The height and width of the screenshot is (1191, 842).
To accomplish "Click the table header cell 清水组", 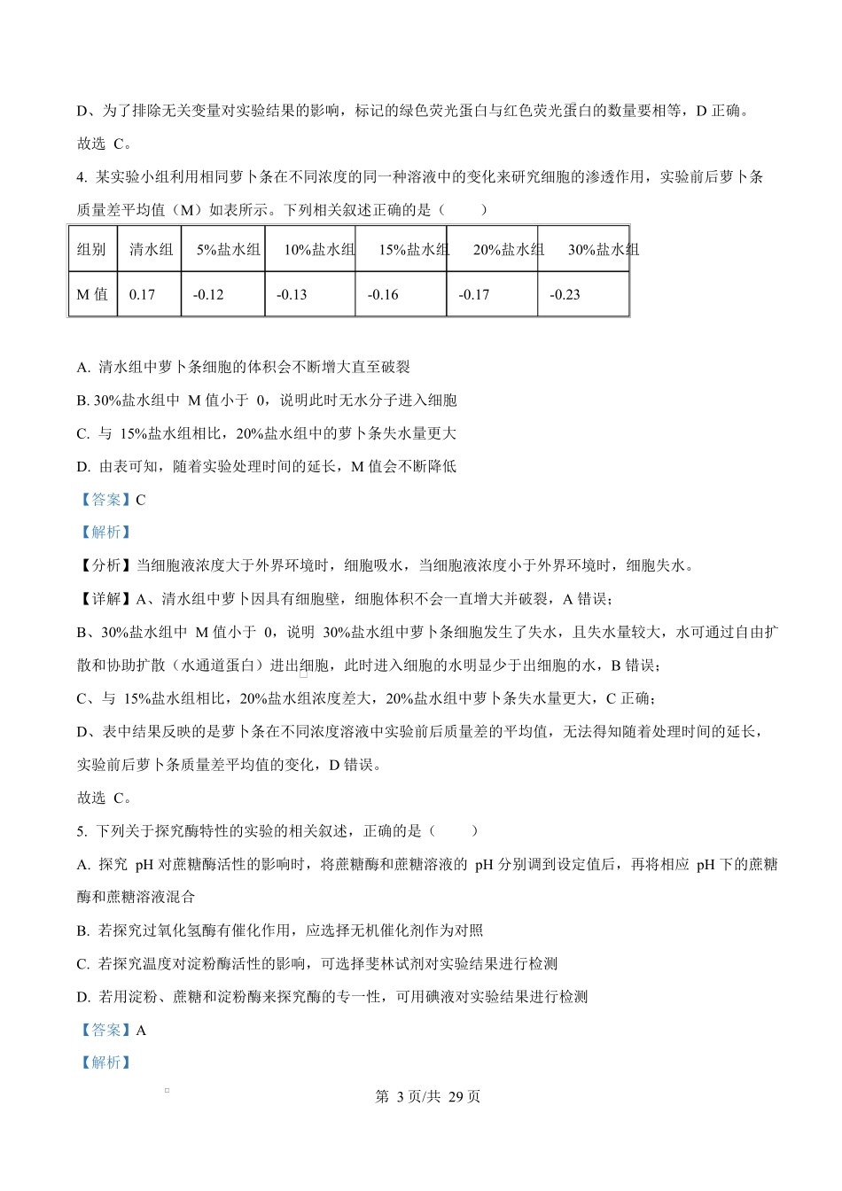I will [151, 250].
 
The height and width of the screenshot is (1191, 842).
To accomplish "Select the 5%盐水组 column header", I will [229, 250].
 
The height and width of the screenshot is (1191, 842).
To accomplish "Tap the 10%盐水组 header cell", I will [319, 250].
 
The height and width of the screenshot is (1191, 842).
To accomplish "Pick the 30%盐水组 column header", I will [603, 250].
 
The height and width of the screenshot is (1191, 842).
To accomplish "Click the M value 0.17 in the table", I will [142, 294].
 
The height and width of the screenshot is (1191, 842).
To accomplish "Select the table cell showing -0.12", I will [208, 294].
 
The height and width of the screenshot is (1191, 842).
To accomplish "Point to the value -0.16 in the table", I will [383, 294].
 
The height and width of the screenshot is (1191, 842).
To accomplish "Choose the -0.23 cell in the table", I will [565, 294].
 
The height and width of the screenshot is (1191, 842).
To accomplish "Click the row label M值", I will [92, 294].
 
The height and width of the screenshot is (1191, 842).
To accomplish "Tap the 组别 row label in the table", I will [92, 250].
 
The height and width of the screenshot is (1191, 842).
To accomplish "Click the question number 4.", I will [82, 177].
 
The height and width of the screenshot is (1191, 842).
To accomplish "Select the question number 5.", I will [82, 831].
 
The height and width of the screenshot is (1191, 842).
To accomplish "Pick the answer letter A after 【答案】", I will [141, 1030].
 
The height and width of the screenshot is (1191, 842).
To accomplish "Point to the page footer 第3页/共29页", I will [428, 1097].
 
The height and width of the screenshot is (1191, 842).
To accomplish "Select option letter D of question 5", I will [82, 997].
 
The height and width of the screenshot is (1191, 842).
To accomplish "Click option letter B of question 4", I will [82, 401].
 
